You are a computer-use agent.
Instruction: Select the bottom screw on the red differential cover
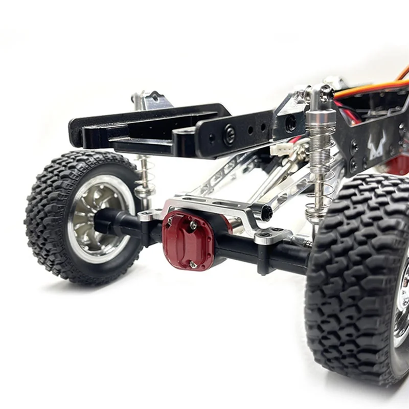[193, 264]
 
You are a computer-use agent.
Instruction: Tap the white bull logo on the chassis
[378, 145]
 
